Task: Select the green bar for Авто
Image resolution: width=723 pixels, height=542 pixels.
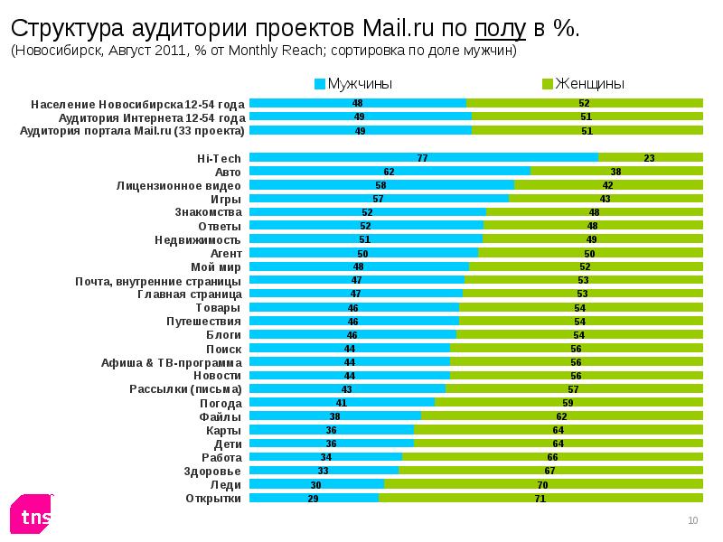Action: point(616,171)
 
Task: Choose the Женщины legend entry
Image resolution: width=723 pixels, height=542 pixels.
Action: point(583,84)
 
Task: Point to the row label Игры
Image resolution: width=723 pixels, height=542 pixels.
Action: point(225,199)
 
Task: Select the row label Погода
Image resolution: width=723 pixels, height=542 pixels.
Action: point(220,403)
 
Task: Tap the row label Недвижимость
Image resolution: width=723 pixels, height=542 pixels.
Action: point(198,239)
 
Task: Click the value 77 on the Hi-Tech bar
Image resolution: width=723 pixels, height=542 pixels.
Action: point(422,157)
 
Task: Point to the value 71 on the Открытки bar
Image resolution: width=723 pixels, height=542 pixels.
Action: point(540,498)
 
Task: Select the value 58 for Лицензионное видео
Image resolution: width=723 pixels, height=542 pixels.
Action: point(380,184)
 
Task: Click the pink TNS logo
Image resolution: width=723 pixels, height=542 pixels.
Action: point(32,516)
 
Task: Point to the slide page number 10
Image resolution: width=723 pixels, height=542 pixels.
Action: point(693,520)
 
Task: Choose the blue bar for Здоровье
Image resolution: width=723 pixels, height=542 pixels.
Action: point(324,471)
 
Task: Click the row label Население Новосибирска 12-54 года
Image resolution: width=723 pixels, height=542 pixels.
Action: point(137,104)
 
